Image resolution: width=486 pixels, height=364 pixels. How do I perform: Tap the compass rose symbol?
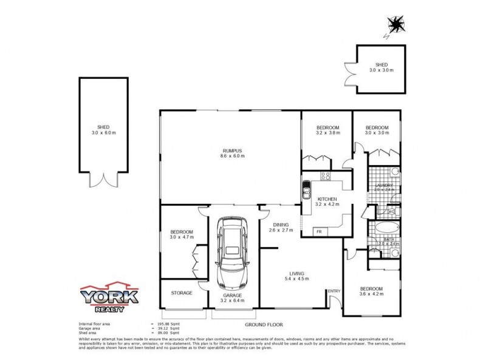pyautogui.click(x=397, y=24)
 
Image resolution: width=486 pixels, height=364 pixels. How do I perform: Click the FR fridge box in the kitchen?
pyautogui.click(x=318, y=232)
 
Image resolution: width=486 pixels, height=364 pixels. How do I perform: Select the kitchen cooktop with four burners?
pyautogui.click(x=326, y=177)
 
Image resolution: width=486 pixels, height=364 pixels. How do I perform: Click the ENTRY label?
pyautogui.click(x=334, y=292)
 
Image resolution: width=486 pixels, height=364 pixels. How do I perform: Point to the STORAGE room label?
pyautogui.click(x=181, y=293)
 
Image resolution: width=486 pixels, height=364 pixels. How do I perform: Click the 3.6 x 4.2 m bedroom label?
pyautogui.click(x=371, y=291)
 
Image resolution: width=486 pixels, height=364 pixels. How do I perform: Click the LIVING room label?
pyautogui.click(x=297, y=276)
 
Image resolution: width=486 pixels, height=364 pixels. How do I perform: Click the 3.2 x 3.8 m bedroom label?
pyautogui.click(x=327, y=130)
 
